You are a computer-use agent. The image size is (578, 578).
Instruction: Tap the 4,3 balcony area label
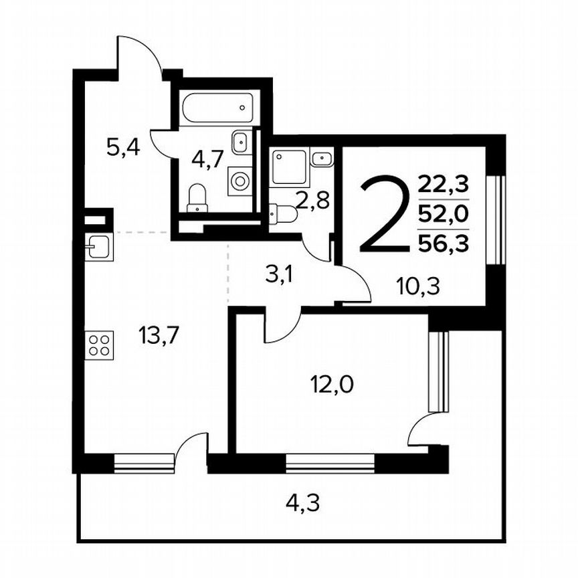(x=303, y=501)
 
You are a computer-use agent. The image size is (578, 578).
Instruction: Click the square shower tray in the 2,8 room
(x=288, y=166)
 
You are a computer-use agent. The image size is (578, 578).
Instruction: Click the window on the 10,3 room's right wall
(x=496, y=220)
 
